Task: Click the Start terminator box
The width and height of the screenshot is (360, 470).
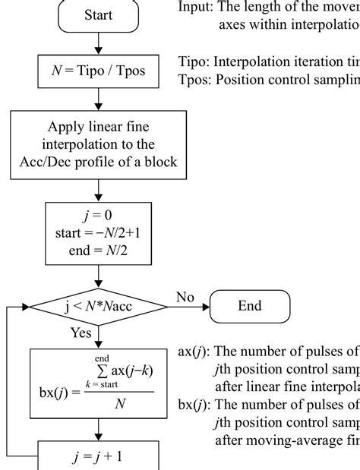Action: click(99, 14)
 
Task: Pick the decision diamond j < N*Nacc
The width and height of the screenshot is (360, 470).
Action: click(99, 306)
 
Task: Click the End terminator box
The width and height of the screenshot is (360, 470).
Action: click(249, 306)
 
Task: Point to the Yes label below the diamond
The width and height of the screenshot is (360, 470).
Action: click(79, 333)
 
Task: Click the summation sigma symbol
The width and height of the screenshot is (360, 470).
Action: click(99, 370)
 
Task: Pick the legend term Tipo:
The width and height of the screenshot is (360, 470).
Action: click(194, 62)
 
